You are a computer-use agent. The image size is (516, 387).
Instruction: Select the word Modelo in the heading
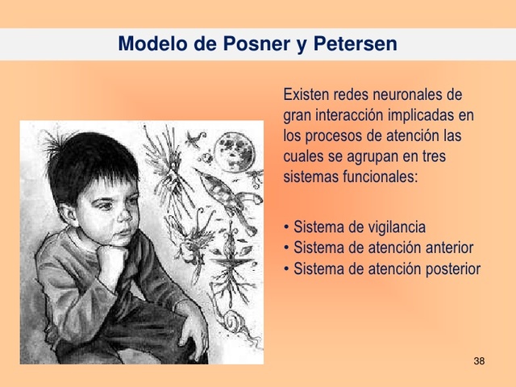[x=151, y=44]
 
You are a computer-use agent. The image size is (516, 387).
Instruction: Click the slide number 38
[x=479, y=360]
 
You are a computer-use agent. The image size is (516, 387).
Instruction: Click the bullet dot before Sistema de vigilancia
[x=287, y=228]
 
